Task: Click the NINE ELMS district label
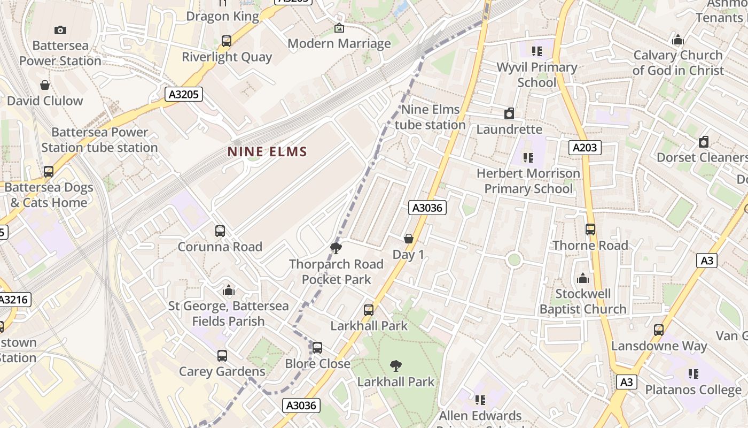(x=267, y=152)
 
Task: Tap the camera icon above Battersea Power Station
(x=60, y=30)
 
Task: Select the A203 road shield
(x=585, y=148)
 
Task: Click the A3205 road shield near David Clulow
(x=183, y=95)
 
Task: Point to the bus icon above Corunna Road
(x=220, y=231)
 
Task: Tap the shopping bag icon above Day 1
(x=409, y=239)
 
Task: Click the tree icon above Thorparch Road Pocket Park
(x=336, y=248)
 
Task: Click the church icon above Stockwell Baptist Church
(x=583, y=278)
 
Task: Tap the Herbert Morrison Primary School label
(x=528, y=181)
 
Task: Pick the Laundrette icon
(x=509, y=113)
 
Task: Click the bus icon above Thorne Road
(x=590, y=230)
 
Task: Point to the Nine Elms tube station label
(x=430, y=117)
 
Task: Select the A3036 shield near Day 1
(x=427, y=208)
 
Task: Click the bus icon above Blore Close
(x=317, y=348)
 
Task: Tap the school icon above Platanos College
(x=694, y=373)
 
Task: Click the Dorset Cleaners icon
(x=704, y=142)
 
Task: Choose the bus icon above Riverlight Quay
(x=227, y=41)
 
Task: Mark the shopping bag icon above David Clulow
(x=45, y=85)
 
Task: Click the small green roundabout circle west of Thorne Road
(x=514, y=260)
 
